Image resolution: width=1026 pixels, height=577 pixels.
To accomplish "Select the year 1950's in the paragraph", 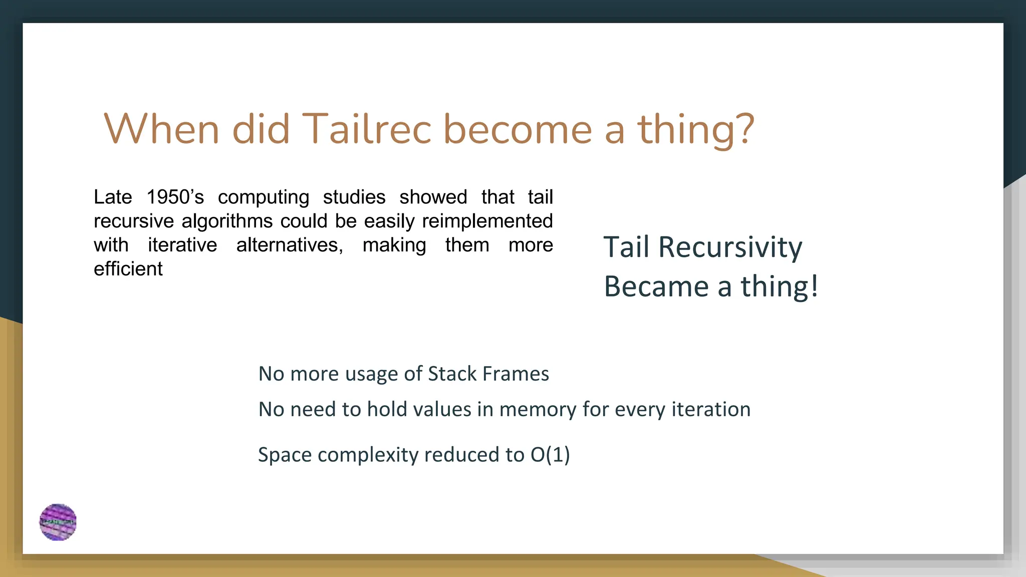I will click(175, 197).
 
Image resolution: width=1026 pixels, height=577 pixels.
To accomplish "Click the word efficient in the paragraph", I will click(128, 269).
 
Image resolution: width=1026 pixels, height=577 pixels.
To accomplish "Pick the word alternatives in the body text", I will click(290, 245).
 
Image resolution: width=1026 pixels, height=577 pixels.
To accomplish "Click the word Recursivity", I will click(730, 247).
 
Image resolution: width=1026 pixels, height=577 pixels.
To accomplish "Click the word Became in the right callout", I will click(656, 286).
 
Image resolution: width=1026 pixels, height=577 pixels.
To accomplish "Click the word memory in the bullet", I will click(538, 410).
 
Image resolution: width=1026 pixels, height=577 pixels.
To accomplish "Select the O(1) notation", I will click(550, 455).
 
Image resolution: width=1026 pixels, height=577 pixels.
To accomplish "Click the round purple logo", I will click(58, 522).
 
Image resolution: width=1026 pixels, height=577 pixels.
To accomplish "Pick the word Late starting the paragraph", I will click(113, 197).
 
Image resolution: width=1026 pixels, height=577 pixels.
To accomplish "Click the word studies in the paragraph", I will click(354, 197).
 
